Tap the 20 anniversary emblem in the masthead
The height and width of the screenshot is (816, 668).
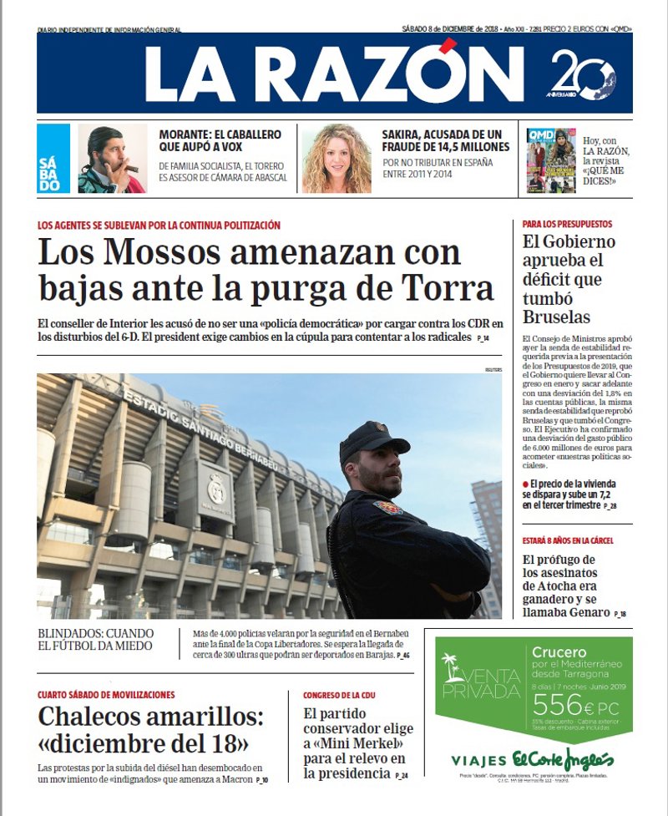[582, 75]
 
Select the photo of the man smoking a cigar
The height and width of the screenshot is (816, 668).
[112, 159]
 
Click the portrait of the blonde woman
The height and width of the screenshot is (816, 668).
[337, 159]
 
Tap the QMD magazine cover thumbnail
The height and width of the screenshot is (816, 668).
[550, 160]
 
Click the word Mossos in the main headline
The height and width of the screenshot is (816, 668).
[158, 252]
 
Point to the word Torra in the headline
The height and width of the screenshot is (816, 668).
[446, 289]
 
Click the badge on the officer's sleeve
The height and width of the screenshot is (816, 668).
[387, 507]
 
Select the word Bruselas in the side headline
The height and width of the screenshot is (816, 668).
[556, 317]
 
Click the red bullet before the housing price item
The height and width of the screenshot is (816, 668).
[526, 484]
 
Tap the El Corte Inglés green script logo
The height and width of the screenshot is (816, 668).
[563, 759]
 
